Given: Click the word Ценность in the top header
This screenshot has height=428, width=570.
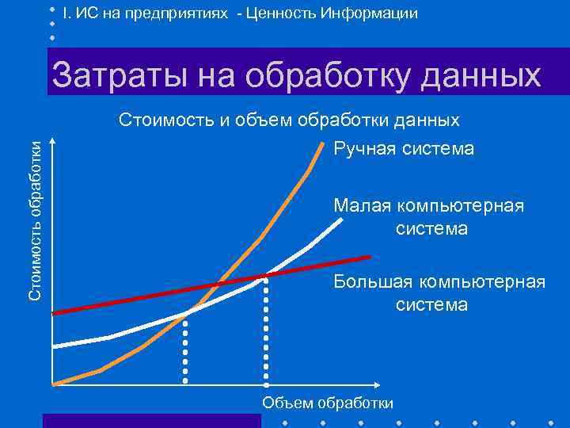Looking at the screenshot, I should (x=282, y=14).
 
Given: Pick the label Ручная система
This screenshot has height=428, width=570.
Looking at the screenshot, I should (x=404, y=148).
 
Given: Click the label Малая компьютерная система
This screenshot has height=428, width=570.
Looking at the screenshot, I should (x=428, y=217).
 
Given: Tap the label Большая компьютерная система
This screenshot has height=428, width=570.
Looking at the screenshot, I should (x=439, y=292).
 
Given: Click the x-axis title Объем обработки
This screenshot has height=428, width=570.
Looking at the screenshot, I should (x=328, y=403).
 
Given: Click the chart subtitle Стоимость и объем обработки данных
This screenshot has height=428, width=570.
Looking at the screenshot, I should (x=289, y=120).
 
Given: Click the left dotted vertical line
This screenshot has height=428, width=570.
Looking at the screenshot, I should (x=185, y=349).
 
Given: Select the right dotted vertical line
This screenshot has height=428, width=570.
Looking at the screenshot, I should (x=265, y=333).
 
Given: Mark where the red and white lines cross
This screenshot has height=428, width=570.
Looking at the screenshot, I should (x=265, y=276).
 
